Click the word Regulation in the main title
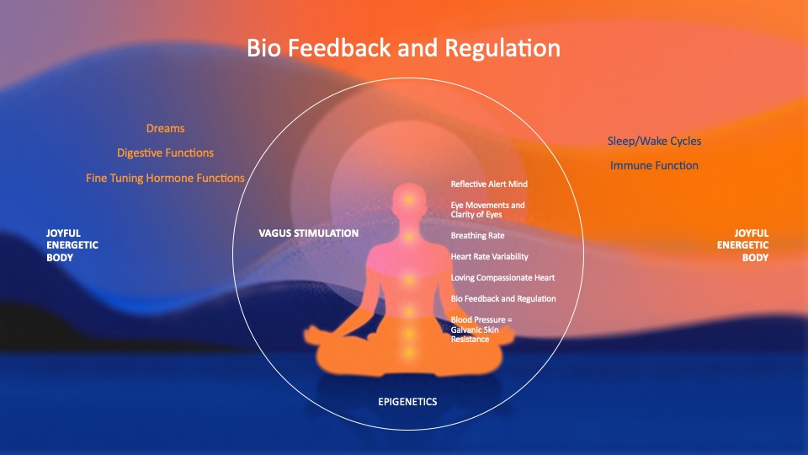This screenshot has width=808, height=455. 502,49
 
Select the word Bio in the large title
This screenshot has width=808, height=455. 263,48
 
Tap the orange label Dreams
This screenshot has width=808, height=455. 166,128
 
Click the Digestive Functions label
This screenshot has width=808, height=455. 166,153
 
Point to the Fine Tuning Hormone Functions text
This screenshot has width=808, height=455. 165,178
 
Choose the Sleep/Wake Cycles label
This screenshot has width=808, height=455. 655,142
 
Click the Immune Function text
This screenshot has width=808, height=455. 655,166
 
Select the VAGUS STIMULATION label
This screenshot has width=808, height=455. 309,233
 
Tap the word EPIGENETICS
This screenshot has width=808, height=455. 407,402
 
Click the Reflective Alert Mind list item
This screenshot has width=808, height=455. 489,185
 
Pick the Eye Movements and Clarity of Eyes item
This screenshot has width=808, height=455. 487,210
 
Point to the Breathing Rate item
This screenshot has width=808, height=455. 478,236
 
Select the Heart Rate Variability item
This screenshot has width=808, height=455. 490,256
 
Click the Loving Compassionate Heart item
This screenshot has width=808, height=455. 503,277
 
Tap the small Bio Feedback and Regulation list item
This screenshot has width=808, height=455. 503,298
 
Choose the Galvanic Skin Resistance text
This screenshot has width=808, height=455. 475,335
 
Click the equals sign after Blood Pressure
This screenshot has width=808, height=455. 510,320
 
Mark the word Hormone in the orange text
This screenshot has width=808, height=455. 169,178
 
